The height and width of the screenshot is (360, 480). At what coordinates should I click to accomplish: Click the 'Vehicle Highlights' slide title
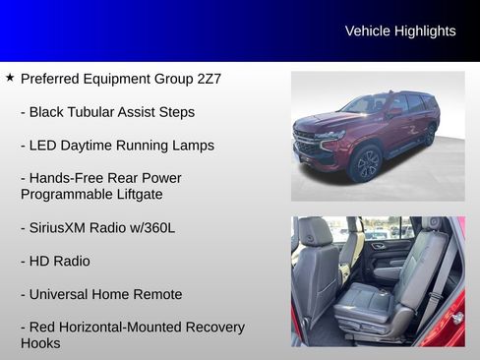pos(400,31)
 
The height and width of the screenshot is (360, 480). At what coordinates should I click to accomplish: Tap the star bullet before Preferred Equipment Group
pos(10,77)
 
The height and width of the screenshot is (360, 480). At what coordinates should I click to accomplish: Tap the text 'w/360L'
pos(153,228)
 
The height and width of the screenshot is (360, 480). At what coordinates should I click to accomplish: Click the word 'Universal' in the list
pos(61,294)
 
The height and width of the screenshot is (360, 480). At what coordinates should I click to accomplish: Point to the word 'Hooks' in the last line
pos(40,343)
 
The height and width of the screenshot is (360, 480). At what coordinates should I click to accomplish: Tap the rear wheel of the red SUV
pos(430,136)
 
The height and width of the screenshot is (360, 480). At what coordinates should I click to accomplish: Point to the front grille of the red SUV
pos(309,145)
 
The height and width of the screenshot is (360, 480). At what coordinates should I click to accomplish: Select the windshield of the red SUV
pos(366,105)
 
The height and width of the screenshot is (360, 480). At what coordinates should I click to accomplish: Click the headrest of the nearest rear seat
pos(315,232)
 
